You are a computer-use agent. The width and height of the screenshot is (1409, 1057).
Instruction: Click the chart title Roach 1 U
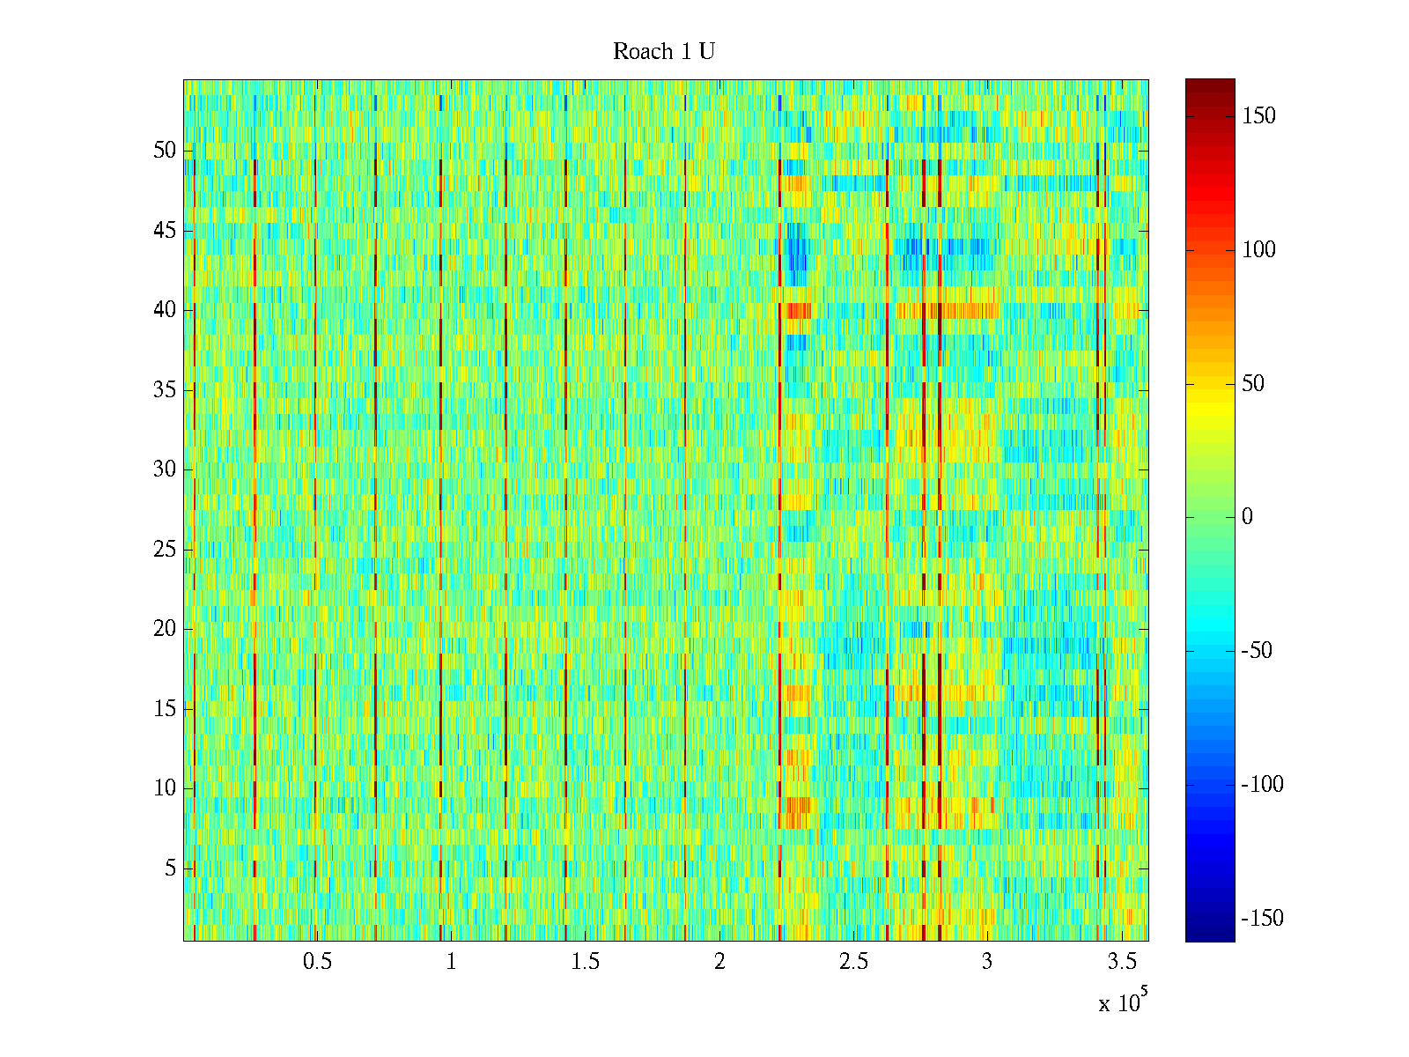tap(663, 52)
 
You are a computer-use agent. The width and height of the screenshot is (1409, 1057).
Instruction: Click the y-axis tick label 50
tap(165, 151)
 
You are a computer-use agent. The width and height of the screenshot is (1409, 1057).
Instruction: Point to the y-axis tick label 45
tap(165, 231)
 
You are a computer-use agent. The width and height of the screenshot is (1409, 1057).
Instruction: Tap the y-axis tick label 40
tap(165, 310)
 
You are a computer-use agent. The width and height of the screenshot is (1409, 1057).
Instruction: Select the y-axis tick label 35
tap(165, 390)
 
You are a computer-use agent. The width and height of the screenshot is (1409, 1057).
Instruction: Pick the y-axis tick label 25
tap(165, 550)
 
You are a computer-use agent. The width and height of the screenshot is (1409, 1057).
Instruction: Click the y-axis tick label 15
tap(165, 709)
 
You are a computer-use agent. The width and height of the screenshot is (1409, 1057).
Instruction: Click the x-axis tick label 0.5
tap(317, 962)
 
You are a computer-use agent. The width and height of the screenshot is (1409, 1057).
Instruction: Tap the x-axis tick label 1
tap(451, 962)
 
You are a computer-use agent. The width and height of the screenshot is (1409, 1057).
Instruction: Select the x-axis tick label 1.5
tap(585, 962)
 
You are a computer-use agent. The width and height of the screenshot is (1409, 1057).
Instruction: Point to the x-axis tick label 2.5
tap(853, 962)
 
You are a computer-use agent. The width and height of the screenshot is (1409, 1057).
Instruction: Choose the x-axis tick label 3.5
tap(1121, 962)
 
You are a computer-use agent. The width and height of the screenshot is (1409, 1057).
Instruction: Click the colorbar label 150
tap(1258, 116)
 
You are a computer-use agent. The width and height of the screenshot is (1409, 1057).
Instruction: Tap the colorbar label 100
tap(1258, 250)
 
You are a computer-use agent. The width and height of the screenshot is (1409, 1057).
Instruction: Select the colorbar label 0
tap(1247, 517)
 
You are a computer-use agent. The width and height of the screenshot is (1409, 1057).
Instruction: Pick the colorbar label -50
tap(1257, 651)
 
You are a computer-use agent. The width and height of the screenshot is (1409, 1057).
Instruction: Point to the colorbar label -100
tap(1262, 785)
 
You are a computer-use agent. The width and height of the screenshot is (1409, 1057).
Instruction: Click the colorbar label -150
tap(1262, 919)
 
